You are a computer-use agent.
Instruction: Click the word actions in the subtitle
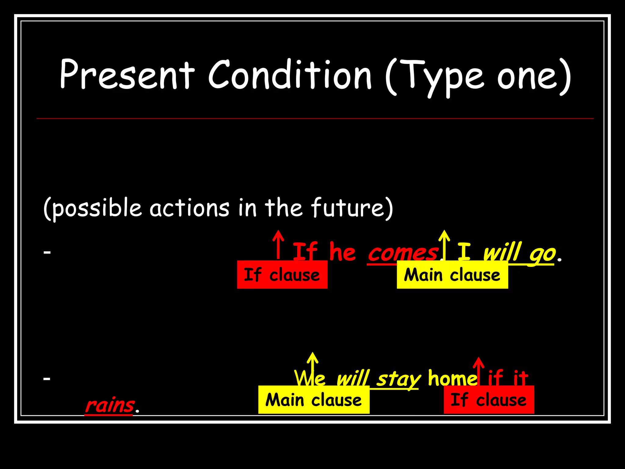(x=189, y=208)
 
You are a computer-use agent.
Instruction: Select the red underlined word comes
(x=403, y=253)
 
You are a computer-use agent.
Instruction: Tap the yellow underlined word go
(x=542, y=253)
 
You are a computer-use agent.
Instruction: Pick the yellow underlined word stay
(x=398, y=379)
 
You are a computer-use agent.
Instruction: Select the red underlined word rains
(x=110, y=405)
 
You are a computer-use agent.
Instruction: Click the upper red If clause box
(x=282, y=274)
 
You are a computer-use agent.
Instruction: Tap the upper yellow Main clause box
(x=452, y=274)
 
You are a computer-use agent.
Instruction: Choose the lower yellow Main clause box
(x=314, y=400)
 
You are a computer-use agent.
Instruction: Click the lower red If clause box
(x=489, y=400)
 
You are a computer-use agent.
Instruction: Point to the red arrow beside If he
(x=278, y=244)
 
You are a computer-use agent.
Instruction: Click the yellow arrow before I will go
(x=444, y=244)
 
